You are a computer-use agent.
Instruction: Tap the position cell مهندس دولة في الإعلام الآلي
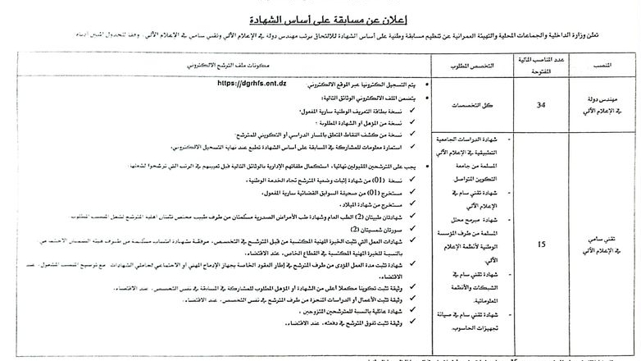[598, 104]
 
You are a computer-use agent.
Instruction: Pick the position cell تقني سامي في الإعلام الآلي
[598, 243]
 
